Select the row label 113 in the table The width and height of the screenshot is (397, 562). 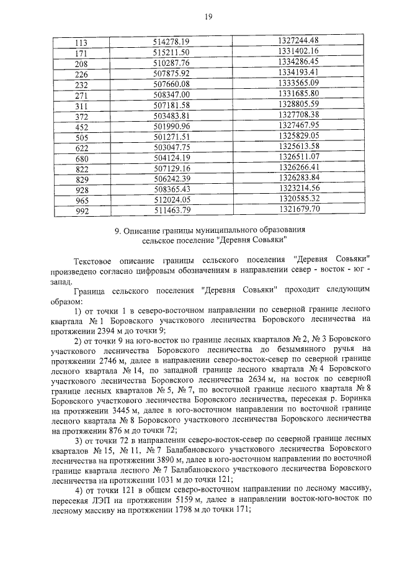point(81,42)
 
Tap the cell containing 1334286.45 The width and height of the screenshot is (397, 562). point(298,62)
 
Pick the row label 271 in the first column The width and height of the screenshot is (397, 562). point(81,94)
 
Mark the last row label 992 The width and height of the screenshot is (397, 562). point(81,210)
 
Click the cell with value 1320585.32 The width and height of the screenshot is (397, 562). point(298,199)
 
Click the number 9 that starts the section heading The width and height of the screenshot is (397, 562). point(118,231)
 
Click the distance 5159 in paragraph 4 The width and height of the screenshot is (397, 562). point(185,499)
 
